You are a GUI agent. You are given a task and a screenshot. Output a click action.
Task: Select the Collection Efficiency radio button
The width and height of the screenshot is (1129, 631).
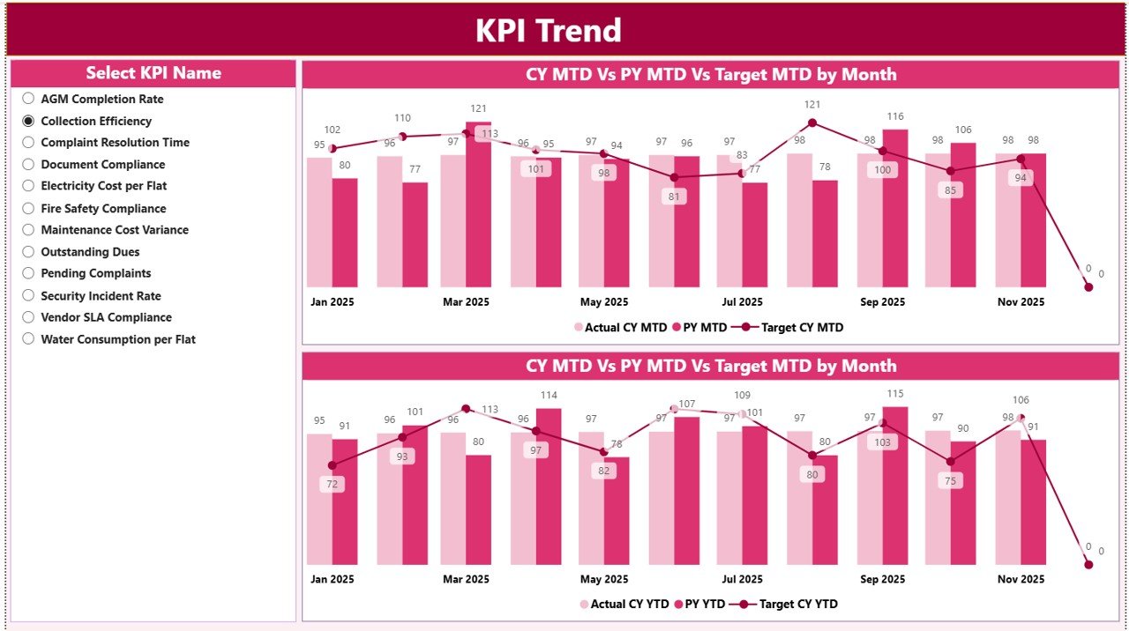pyautogui.click(x=28, y=121)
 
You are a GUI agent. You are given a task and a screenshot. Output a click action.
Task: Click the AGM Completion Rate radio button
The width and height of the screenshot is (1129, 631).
pyautogui.click(x=28, y=99)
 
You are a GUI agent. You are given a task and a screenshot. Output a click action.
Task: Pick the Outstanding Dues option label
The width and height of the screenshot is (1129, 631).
pyautogui.click(x=90, y=252)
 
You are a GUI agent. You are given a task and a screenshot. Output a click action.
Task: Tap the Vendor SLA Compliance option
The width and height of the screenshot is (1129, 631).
pyautogui.click(x=106, y=317)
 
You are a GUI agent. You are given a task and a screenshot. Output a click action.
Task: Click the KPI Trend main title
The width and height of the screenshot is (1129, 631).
pyautogui.click(x=548, y=31)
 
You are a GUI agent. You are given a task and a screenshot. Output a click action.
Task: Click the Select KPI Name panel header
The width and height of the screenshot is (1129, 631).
pyautogui.click(x=153, y=73)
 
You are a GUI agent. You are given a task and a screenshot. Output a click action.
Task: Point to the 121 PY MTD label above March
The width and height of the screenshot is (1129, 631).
pyautogui.click(x=478, y=108)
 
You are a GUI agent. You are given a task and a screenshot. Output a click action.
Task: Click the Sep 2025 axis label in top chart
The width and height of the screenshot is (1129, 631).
pyautogui.click(x=882, y=302)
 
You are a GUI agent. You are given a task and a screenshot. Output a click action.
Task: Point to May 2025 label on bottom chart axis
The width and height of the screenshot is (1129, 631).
pyautogui.click(x=604, y=580)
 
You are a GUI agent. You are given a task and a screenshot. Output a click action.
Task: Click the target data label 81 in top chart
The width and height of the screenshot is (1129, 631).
pyautogui.click(x=675, y=197)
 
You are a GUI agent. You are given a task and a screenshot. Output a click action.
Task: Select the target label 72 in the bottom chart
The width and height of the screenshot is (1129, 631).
pyautogui.click(x=332, y=484)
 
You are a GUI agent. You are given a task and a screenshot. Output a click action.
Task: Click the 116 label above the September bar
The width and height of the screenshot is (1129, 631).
pyautogui.click(x=895, y=116)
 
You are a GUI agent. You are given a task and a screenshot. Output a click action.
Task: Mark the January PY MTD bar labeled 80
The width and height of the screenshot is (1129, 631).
pyautogui.click(x=345, y=233)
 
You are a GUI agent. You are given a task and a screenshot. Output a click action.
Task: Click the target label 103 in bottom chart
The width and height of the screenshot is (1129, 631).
pyautogui.click(x=882, y=442)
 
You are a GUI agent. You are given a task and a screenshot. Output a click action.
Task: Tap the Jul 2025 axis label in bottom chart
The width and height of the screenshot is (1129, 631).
pyautogui.click(x=742, y=580)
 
